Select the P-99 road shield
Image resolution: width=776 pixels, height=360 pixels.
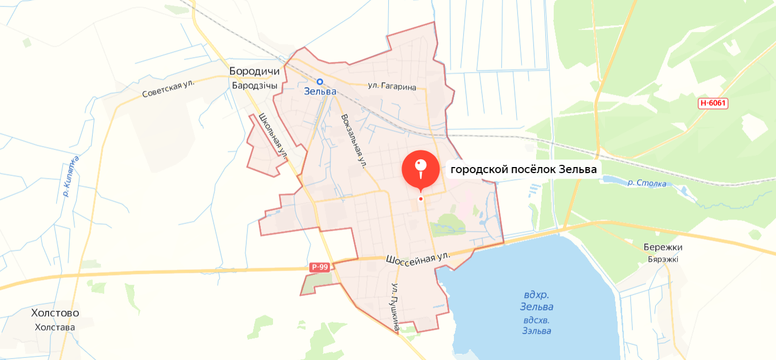point(319,267)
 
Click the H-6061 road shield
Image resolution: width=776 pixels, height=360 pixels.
point(713,103)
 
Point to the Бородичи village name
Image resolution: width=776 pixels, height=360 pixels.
point(255,72)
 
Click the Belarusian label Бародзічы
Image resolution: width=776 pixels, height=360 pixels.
point(254,85)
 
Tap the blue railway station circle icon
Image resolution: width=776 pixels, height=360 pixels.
point(320,81)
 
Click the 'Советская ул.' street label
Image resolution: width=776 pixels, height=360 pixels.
point(169,89)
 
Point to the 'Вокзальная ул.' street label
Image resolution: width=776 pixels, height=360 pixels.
point(354,140)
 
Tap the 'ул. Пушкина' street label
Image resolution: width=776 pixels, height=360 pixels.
point(395,307)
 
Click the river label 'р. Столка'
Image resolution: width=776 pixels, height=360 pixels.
point(647,183)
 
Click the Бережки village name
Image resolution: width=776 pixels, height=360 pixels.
point(663,247)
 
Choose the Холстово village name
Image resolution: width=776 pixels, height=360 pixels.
point(55,313)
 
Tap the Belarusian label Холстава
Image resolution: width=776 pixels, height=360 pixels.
point(55,327)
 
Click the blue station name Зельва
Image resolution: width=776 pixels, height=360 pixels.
point(320,92)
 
